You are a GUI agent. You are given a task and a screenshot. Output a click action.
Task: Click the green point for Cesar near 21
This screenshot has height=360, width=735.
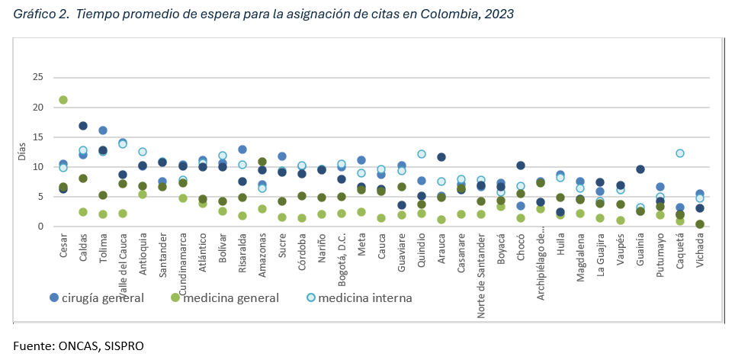coord(63,100)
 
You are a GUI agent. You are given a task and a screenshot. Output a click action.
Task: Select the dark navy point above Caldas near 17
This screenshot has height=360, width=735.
coord(83,126)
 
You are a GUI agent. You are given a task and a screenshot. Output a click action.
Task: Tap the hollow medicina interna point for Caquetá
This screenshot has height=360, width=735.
coord(680,153)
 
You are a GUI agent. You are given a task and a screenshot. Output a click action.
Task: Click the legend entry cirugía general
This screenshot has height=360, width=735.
coord(97,298)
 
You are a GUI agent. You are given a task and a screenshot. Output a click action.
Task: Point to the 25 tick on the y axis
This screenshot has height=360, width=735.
coord(37,77)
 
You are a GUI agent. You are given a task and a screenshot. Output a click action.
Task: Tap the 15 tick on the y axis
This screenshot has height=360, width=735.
coord(37,137)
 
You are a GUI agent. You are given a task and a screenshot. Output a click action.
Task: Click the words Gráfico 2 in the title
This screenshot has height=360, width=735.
coord(40,13)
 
